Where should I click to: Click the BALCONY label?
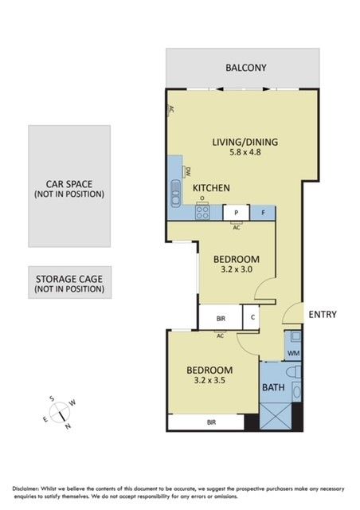click(x=246, y=68)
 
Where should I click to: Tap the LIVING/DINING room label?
click(x=245, y=142)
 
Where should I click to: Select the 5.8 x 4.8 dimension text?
click(x=245, y=152)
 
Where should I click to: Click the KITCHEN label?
click(x=211, y=188)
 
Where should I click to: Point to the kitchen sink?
click(x=175, y=193)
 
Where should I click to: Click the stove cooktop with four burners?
click(x=202, y=212)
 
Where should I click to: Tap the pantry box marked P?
click(x=237, y=213)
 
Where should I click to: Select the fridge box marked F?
click(x=263, y=213)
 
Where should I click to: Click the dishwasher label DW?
click(x=188, y=172)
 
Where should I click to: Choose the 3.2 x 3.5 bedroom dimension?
click(x=209, y=380)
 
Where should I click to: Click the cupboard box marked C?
click(x=252, y=317)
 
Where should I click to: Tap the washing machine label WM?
click(x=294, y=354)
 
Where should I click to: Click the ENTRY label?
click(x=323, y=315)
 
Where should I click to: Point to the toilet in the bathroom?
click(x=294, y=372)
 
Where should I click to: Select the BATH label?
click(x=273, y=387)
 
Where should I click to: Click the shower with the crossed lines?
click(x=276, y=416)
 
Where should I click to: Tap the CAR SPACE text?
click(x=69, y=184)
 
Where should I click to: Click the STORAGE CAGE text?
click(x=69, y=279)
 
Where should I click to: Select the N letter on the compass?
click(x=68, y=426)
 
